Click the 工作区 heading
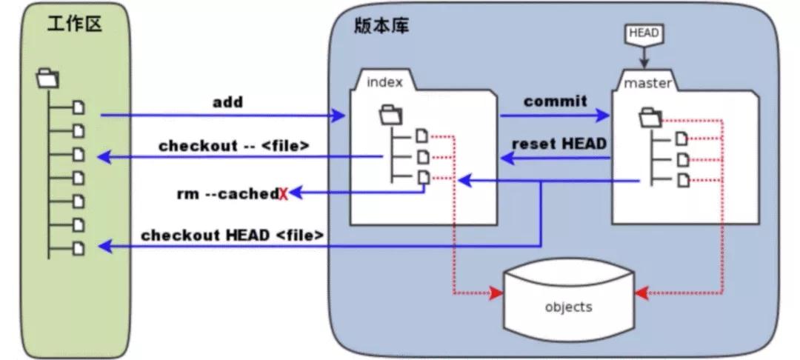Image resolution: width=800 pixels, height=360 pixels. [x=74, y=24]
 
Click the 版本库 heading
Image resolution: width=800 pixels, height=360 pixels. [x=381, y=25]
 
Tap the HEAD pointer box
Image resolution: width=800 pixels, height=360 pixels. [x=643, y=33]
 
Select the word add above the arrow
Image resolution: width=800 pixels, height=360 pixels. [x=227, y=102]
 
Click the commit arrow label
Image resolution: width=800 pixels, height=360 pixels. [x=555, y=101]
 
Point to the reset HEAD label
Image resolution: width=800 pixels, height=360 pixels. [x=559, y=143]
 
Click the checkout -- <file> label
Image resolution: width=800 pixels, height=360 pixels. [x=233, y=145]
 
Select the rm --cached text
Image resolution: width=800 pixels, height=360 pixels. [x=227, y=193]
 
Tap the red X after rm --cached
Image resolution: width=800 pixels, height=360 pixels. [x=283, y=195]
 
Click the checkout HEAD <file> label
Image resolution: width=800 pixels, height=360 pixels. [x=233, y=236]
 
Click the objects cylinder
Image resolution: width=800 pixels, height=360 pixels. [x=568, y=304]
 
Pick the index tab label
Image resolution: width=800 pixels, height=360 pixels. [x=385, y=82]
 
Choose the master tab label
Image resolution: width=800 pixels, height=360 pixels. [x=647, y=83]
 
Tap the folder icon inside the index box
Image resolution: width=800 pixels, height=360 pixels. [x=390, y=113]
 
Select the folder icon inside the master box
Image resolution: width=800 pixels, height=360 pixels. [x=650, y=116]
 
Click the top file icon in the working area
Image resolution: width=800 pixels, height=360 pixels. [x=79, y=108]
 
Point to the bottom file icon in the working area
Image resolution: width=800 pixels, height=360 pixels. [x=79, y=248]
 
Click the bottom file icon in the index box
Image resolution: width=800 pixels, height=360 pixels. [x=421, y=178]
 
